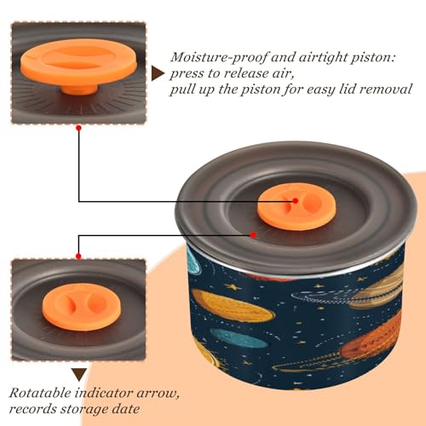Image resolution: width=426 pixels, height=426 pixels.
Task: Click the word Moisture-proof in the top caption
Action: [x=219, y=58]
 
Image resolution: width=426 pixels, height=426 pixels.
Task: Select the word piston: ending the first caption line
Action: [x=373, y=58]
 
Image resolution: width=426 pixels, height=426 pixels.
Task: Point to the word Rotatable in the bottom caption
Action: [x=40, y=394]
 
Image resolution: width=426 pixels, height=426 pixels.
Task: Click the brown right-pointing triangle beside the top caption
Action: [x=158, y=74]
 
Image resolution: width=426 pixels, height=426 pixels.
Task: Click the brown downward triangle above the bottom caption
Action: [x=79, y=374]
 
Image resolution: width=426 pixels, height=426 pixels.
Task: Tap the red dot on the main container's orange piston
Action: [x=296, y=201]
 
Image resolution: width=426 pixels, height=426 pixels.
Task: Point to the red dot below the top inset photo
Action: [x=79, y=128]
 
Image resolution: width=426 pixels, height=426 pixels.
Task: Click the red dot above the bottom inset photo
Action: [x=78, y=256]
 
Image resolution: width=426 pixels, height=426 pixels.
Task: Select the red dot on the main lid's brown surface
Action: [x=253, y=235]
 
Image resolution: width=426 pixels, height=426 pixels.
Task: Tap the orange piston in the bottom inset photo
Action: [x=82, y=307]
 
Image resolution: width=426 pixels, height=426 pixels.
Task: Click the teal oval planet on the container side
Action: [x=238, y=338]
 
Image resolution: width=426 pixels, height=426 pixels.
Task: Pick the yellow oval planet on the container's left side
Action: [x=233, y=308]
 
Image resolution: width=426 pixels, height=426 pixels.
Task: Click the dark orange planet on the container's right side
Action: [x=375, y=338]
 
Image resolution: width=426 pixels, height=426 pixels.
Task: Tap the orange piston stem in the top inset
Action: [x=79, y=89]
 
